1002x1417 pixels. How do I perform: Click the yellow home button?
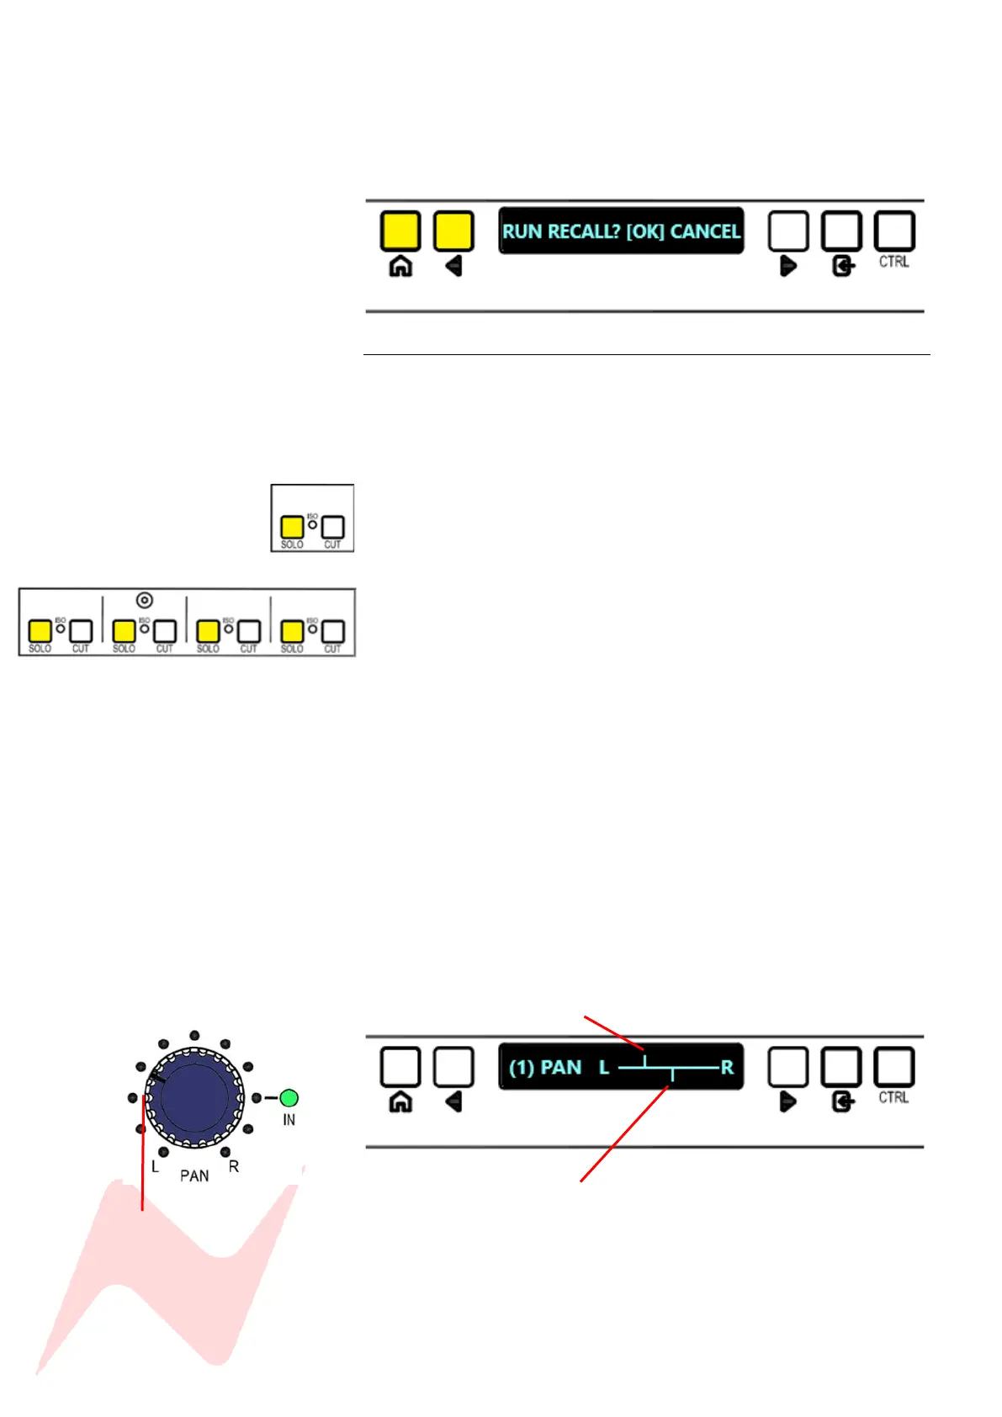[x=400, y=231]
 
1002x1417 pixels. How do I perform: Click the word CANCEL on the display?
[x=705, y=231]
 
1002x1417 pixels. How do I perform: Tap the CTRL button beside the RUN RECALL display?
[x=894, y=231]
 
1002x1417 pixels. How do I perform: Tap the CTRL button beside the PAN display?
[x=894, y=1067]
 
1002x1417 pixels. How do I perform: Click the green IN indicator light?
[x=289, y=1097]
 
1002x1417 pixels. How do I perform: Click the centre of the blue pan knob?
[x=194, y=1097]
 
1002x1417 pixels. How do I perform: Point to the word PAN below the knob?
[x=194, y=1176]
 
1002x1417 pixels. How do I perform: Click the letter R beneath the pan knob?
[x=234, y=1166]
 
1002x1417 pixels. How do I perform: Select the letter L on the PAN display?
[x=604, y=1068]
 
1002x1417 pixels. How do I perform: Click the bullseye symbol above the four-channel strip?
[x=145, y=600]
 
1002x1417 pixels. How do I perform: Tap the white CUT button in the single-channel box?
[x=333, y=527]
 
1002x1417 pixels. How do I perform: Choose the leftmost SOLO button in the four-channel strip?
[x=40, y=631]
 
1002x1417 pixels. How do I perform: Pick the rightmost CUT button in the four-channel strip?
[x=333, y=631]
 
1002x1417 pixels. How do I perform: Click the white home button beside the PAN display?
[x=400, y=1067]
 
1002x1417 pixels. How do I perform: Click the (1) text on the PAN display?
[x=522, y=1068]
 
